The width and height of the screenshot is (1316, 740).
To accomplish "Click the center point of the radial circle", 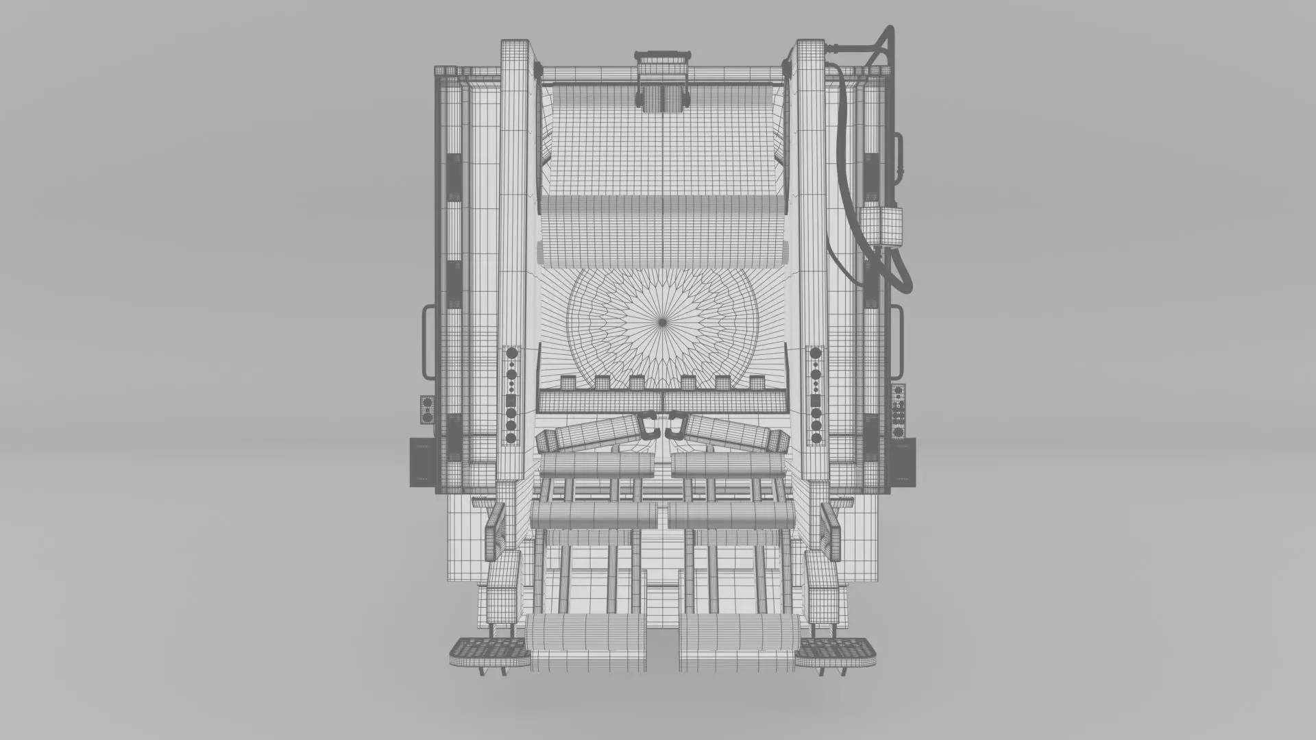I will pyautogui.click(x=662, y=321).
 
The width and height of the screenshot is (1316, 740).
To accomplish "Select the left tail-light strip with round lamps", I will pyautogui.click(x=511, y=395).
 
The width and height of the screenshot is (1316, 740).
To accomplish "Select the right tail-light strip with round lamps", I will pyautogui.click(x=816, y=395).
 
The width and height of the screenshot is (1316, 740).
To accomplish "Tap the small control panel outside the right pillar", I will pyautogui.click(x=898, y=411).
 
